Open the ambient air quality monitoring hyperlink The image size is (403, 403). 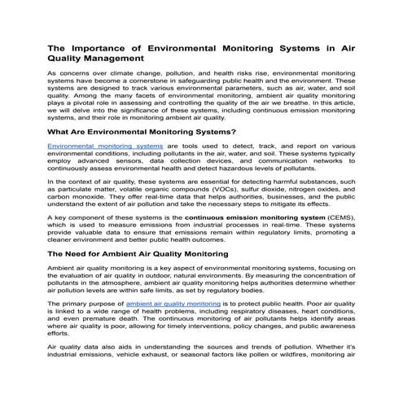195,303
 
